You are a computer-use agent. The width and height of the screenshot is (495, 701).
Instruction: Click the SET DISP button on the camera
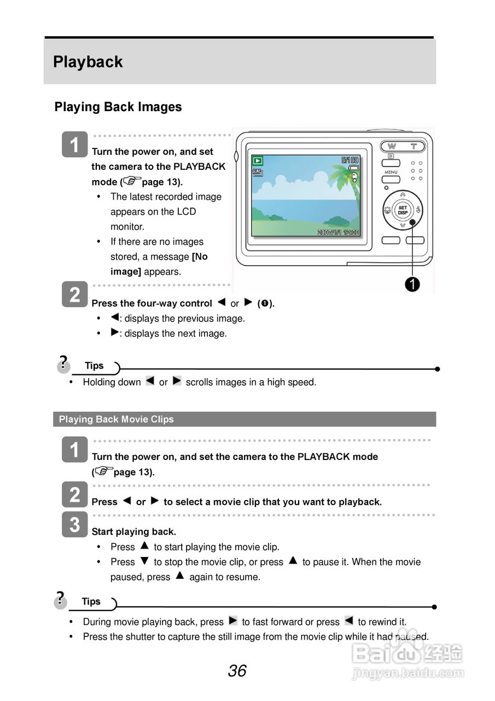tap(403, 210)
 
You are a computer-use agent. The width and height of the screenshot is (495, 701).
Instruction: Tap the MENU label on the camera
tap(391, 173)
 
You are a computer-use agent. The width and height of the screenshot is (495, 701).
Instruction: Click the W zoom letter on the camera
tap(392, 146)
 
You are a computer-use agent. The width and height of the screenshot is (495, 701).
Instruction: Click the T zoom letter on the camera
tap(414, 146)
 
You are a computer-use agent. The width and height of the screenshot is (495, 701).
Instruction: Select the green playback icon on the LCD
tap(258, 161)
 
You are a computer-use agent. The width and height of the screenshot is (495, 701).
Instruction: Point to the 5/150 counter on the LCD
tap(350, 160)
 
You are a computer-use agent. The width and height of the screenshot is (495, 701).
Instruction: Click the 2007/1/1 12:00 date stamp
tap(339, 232)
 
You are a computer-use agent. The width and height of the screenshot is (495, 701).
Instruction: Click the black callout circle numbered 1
tap(412, 284)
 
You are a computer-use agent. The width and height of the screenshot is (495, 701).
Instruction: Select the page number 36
tap(237, 671)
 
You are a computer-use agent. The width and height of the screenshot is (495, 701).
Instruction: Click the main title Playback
tap(88, 62)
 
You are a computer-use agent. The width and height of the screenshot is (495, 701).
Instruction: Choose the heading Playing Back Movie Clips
tap(117, 420)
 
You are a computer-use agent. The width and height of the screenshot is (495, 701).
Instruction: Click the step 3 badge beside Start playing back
tap(74, 524)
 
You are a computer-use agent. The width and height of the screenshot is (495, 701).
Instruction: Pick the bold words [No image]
tap(159, 264)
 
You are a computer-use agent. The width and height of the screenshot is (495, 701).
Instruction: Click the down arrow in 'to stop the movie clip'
tap(144, 561)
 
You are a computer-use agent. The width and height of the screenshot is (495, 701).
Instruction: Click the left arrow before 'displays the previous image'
tap(115, 317)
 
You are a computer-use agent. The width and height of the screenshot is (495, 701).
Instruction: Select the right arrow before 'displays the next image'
tap(115, 332)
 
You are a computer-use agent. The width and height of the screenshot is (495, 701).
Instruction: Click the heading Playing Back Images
tap(118, 107)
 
